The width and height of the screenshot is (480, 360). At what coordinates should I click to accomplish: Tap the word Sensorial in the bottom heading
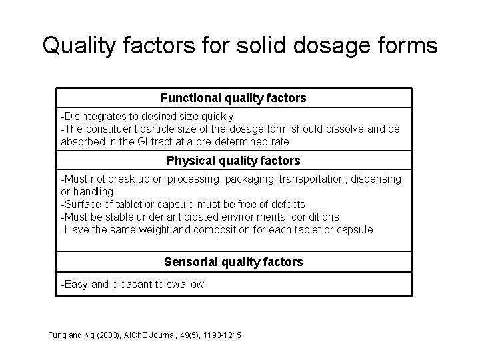pos(191,262)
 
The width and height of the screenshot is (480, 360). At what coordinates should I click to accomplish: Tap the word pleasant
pos(133,285)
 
